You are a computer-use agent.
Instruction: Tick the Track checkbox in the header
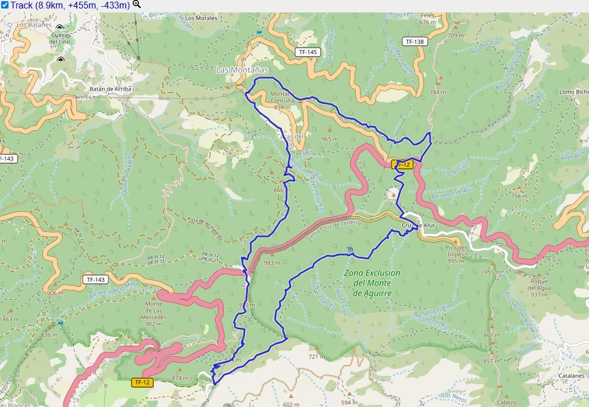[5, 5]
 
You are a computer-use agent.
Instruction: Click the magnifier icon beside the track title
[136, 5]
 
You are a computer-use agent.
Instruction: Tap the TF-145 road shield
[308, 52]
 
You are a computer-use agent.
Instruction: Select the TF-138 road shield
[415, 41]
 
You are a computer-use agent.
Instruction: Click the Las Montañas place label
[241, 70]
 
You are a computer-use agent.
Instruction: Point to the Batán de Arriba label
[111, 89]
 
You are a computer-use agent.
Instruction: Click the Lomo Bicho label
[574, 92]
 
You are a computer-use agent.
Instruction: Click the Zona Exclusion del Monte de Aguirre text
[372, 283]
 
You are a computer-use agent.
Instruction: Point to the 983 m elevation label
[272, 262]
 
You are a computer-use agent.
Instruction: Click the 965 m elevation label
[329, 139]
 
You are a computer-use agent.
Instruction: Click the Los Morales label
[197, 18]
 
